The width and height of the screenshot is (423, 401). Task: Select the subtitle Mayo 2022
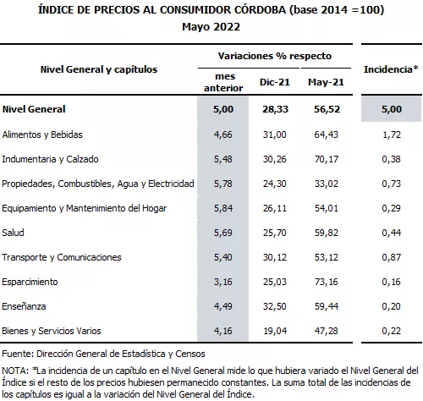[211, 26]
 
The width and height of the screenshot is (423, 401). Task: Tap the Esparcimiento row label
[30, 282]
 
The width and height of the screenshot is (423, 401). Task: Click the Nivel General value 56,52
[326, 109]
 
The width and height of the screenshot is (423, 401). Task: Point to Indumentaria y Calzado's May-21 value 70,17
[326, 159]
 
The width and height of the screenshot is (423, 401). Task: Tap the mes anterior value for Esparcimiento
[224, 282]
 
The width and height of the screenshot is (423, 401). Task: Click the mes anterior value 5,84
[224, 208]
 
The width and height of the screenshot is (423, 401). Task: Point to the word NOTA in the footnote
[15, 370]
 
